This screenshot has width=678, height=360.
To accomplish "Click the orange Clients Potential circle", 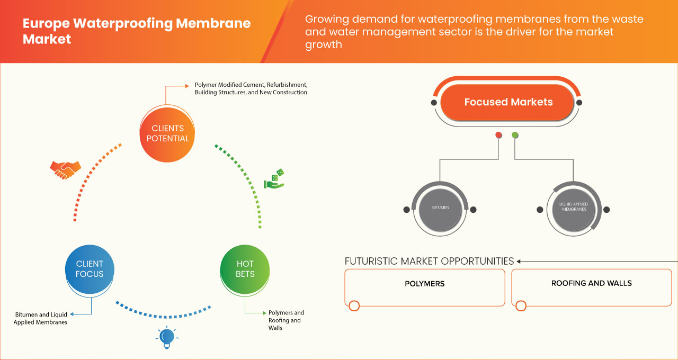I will [x=167, y=133].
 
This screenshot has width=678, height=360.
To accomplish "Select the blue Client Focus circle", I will [x=90, y=269].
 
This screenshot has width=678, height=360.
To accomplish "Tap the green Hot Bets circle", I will [x=245, y=269].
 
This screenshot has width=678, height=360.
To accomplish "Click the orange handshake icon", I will [x=65, y=169].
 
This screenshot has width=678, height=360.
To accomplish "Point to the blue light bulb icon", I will [x=167, y=337].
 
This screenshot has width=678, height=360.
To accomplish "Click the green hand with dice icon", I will [x=274, y=179].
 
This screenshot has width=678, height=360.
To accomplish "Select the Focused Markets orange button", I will [x=508, y=102].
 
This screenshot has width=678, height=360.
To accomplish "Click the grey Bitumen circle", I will [x=440, y=208].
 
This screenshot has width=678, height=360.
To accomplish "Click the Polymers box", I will [x=424, y=287].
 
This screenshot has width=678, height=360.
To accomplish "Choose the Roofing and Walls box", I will [x=591, y=287].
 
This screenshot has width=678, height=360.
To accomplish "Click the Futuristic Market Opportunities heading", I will [x=429, y=261].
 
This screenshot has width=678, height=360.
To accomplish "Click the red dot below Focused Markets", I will [x=498, y=136].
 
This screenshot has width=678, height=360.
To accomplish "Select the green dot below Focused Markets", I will [x=515, y=136].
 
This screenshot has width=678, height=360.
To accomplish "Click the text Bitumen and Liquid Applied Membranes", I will [x=41, y=318].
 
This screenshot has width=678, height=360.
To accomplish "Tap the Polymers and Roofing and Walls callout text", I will [x=286, y=320].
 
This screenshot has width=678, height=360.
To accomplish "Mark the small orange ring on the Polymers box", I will [x=354, y=305].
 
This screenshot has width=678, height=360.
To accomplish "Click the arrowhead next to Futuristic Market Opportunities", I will [x=519, y=261].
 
